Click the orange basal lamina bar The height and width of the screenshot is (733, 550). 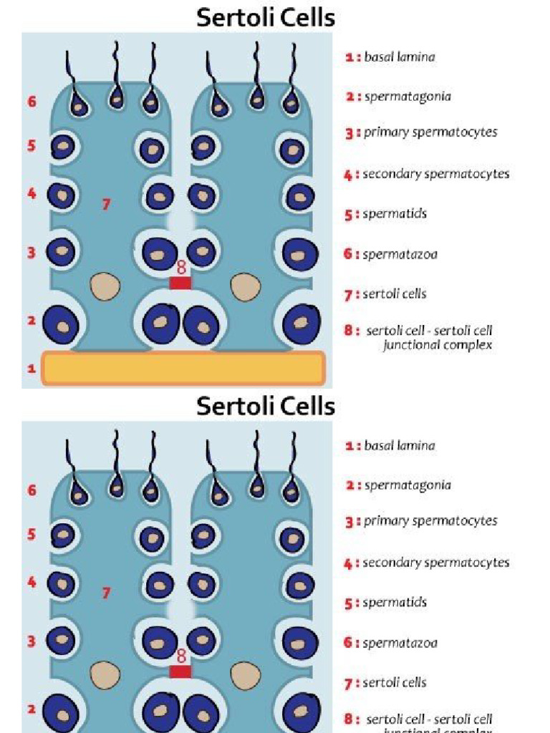point(183,367)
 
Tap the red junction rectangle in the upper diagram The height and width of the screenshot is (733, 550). point(180,283)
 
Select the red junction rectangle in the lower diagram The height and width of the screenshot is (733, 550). point(180,671)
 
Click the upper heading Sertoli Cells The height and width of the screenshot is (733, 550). point(266,17)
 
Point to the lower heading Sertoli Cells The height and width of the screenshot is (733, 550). point(266,406)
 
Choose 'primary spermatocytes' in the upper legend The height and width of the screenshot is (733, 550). point(430,132)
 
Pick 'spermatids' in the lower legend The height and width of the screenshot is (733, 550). point(394,603)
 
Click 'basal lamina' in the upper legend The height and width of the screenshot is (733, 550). point(399,57)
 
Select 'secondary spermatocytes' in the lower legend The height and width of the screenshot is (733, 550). point(435,563)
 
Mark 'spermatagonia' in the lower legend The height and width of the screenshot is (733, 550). point(407,485)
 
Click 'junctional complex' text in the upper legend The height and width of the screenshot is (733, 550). point(438,345)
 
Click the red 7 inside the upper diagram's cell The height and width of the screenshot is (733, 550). point(106,205)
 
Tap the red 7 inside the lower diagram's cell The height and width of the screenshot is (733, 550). point(106,593)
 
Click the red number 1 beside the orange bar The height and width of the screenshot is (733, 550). point(31,369)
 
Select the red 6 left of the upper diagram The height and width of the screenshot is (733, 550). point(32,102)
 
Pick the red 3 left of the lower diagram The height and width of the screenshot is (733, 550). point(32,641)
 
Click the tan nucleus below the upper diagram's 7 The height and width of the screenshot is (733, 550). point(105,287)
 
